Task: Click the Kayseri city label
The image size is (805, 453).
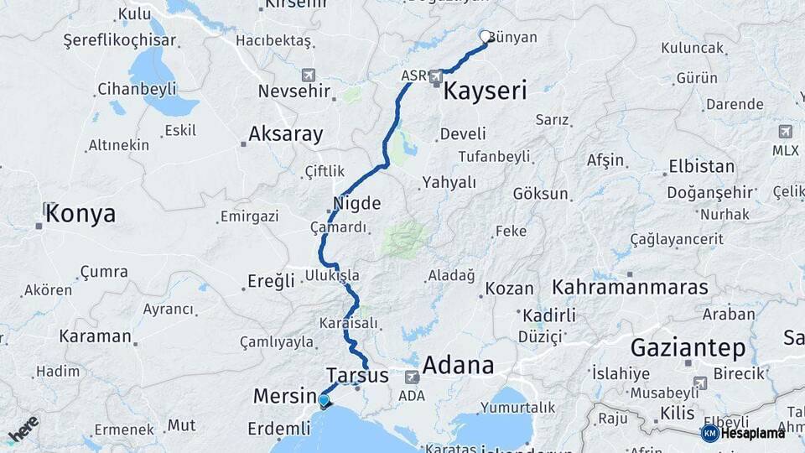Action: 485,91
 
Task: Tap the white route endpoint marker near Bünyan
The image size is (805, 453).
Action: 486,36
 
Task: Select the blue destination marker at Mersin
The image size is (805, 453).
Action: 324,401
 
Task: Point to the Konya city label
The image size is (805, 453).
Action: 80,214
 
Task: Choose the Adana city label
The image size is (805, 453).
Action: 458,365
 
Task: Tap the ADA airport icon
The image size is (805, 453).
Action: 412,377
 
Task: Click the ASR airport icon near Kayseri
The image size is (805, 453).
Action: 436,77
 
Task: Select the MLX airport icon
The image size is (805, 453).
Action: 785,132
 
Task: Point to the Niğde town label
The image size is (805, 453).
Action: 357,203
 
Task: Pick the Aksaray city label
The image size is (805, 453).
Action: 285,134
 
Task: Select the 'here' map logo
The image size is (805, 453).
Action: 23,429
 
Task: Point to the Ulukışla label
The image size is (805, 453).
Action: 332,275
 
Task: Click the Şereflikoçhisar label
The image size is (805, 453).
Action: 120,40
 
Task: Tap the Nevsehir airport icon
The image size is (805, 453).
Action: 308,74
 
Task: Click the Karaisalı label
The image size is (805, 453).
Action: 350,323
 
